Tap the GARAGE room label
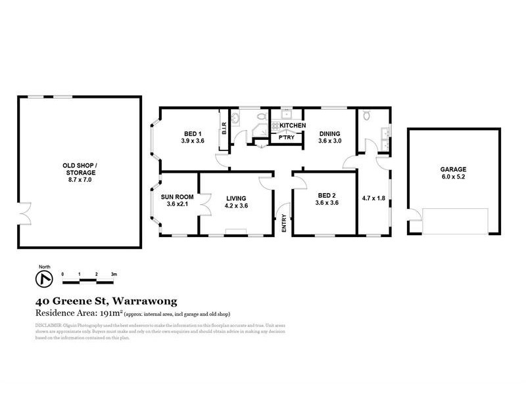(x=453, y=169)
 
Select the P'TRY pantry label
(x=287, y=138)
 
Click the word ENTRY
(x=285, y=224)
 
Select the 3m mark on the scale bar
(x=114, y=274)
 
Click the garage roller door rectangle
(x=454, y=221)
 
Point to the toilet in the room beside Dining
(x=369, y=116)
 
